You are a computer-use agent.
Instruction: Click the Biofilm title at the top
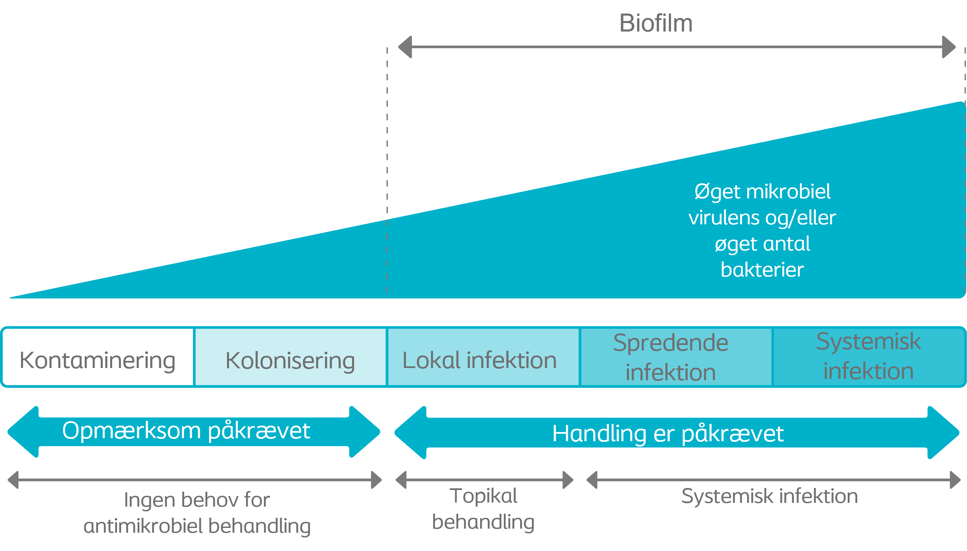[656, 23]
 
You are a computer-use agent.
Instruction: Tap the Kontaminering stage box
[98, 357]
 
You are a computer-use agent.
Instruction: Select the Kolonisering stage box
[290, 357]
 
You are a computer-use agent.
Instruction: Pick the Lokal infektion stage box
[483, 357]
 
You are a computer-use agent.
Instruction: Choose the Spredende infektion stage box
[676, 357]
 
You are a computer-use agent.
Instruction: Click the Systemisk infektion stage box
[869, 357]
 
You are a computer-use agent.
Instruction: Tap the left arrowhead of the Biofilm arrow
[405, 47]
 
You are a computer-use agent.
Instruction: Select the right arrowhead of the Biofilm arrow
[949, 47]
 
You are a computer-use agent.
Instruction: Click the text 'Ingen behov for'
[197, 499]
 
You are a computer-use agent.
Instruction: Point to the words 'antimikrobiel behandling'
[197, 526]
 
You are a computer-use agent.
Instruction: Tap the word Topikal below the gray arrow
[483, 496]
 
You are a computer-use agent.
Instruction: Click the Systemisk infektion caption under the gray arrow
[769, 496]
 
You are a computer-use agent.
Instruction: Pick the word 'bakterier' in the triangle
[762, 269]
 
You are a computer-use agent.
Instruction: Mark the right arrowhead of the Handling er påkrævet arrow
[943, 432]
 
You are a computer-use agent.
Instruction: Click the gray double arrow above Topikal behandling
[484, 480]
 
